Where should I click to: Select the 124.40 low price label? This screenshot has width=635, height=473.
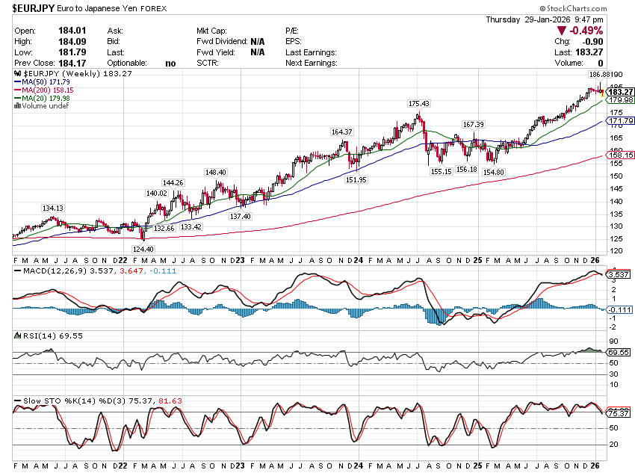click(x=143, y=249)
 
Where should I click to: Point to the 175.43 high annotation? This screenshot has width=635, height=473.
click(x=418, y=103)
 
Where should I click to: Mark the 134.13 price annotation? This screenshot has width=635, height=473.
click(x=52, y=208)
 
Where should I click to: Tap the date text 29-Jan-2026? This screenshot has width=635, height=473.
click(x=550, y=19)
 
